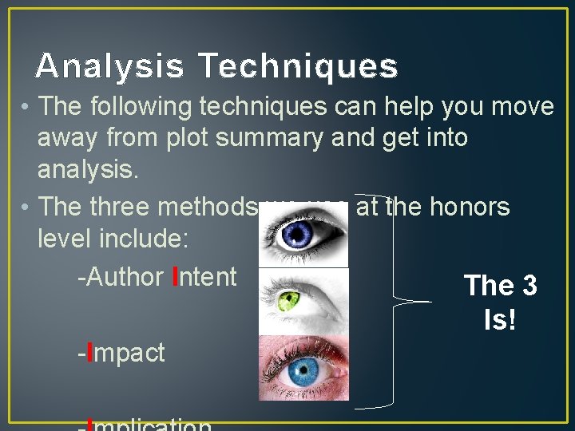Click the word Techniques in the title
(x=298, y=65)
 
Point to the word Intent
(x=204, y=277)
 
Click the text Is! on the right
(x=500, y=320)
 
